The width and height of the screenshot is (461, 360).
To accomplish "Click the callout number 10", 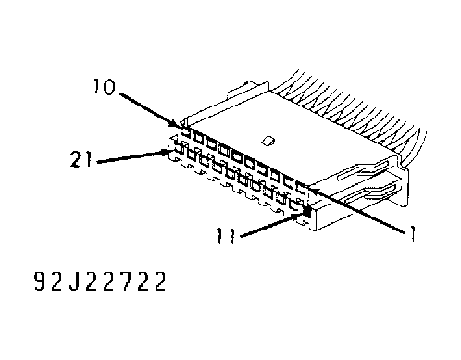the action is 105,86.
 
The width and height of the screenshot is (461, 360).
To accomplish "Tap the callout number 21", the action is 81,158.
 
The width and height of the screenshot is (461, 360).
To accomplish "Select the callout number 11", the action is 226,235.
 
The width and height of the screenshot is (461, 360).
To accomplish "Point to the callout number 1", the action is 412,233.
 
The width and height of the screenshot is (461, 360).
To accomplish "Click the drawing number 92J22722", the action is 100,281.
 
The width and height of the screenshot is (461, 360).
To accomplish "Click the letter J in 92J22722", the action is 73,281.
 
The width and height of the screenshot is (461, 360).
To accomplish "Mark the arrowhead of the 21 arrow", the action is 170,151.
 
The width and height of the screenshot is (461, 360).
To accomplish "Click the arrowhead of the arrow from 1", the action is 309,188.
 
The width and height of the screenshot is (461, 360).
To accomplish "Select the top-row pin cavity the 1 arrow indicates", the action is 301,188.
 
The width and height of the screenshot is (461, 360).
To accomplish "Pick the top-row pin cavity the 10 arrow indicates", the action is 185,132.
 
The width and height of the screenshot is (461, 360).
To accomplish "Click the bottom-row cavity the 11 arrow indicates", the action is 307,211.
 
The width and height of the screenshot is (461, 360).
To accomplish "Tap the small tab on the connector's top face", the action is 268,141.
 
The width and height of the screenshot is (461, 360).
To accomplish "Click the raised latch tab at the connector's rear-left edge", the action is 247,88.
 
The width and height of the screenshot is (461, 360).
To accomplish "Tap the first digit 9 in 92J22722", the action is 39,281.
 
